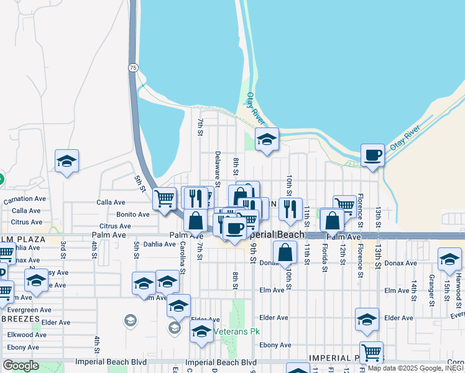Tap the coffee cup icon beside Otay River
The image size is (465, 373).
[372, 155]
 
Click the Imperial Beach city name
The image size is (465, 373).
[275, 235]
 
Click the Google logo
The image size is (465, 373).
[21, 365]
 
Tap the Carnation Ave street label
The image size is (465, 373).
[25, 200]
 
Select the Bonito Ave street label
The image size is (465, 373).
[133, 214]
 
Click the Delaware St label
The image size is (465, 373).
[218, 168]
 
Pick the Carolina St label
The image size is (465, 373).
[183, 258]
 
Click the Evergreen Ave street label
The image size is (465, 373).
[27, 310]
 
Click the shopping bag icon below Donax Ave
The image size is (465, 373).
[285, 252]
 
